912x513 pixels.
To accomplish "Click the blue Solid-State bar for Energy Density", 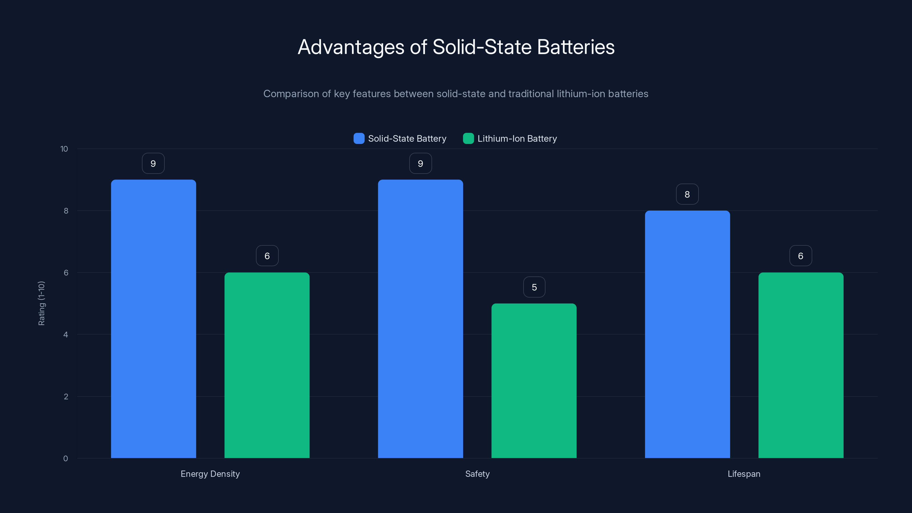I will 153,319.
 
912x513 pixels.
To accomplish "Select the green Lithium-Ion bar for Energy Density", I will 267,365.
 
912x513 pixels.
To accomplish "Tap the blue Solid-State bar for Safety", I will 420,319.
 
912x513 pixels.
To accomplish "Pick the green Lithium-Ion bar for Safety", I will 534,380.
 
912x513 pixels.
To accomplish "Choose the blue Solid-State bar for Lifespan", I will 687,334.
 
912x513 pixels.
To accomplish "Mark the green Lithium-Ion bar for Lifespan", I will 801,365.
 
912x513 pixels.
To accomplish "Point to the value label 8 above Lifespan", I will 687,194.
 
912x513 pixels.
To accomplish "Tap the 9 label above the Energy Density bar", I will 153,163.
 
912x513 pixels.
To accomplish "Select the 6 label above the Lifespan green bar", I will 801,256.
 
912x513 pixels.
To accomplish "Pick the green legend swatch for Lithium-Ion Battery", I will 468,139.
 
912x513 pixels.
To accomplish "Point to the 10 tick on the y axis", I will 64,149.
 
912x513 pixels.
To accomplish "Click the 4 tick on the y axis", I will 66,335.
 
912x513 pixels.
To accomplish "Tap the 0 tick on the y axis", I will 66,459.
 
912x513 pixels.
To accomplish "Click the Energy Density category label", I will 210,474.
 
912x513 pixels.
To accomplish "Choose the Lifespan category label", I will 744,474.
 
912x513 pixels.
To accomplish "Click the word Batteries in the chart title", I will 576,47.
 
